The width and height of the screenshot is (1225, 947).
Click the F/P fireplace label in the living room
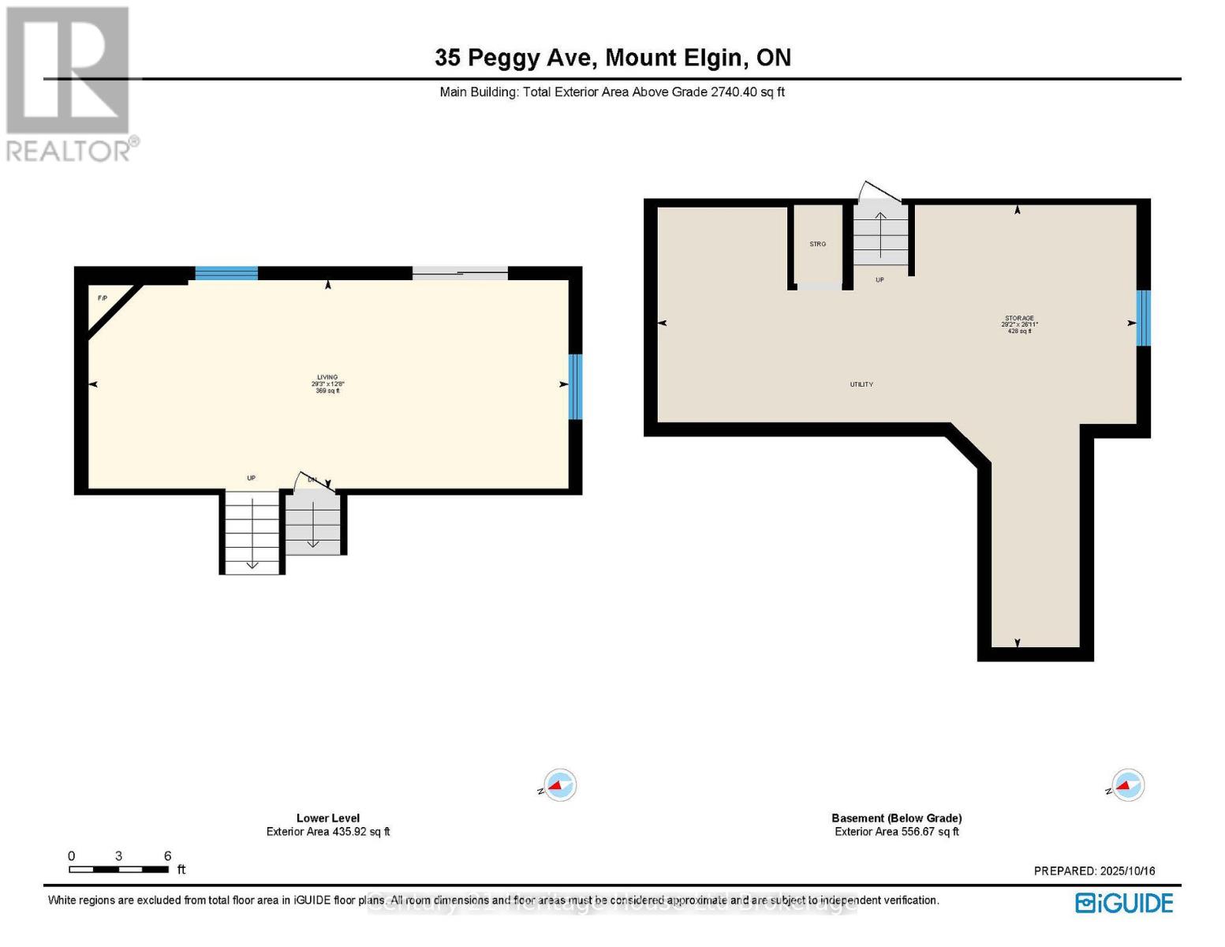(102, 298)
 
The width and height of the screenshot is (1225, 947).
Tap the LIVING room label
(327, 377)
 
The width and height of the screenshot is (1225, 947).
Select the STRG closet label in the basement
(817, 244)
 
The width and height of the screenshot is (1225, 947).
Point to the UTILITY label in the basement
(861, 384)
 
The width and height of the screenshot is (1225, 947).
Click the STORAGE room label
(1019, 318)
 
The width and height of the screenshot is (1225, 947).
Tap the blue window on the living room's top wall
(226, 273)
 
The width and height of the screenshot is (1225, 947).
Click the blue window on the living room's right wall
(575, 387)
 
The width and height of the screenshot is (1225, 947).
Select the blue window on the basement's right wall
(1143, 318)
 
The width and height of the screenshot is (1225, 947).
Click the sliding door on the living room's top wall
(460, 273)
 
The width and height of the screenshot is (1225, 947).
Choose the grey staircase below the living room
(313, 523)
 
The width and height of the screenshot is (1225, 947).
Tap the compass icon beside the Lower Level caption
(559, 785)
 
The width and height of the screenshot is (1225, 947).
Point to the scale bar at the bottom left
(119, 869)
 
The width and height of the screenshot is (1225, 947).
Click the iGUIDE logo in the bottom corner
(1124, 903)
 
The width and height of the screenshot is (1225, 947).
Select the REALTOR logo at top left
(69, 84)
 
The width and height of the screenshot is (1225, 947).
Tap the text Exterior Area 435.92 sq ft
(328, 832)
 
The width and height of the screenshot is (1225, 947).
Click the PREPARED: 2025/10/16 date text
(1094, 871)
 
